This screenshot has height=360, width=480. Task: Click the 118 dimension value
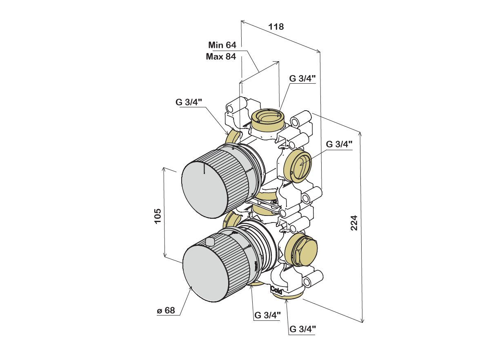click(276, 27)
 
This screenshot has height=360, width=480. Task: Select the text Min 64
click(222, 45)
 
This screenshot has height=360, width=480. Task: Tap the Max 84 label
click(221, 57)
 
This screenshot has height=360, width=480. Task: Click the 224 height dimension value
click(354, 222)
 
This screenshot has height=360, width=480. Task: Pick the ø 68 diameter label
click(166, 311)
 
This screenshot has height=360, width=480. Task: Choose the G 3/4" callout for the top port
click(302, 79)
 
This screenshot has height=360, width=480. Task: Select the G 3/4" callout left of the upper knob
click(189, 102)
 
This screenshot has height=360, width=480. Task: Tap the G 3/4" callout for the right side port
click(339, 144)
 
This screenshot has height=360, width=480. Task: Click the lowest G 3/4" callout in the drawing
click(303, 329)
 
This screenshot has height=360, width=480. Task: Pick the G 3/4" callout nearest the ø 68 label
click(267, 315)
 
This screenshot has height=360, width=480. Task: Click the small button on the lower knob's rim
click(210, 242)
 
